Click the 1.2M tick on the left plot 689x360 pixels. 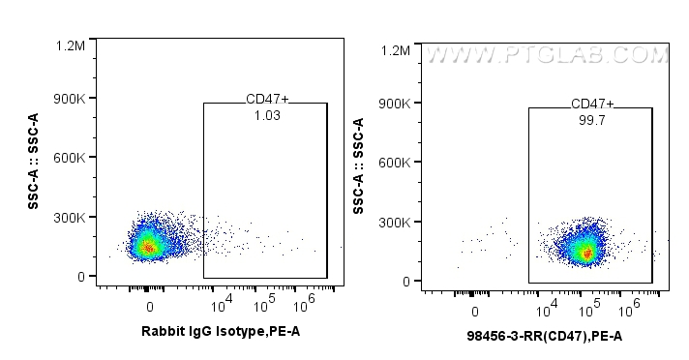click(x=72, y=45)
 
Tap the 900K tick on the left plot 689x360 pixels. click(x=70, y=99)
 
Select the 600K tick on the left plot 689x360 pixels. click(x=70, y=158)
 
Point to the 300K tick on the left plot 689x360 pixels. click(x=70, y=218)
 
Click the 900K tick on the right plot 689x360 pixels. click(x=397, y=104)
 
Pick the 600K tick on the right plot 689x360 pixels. click(x=397, y=163)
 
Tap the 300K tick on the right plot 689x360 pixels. click(x=397, y=223)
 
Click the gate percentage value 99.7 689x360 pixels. click(x=592, y=119)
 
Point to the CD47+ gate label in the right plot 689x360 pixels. click(x=592, y=104)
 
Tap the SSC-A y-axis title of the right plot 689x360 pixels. click(x=360, y=165)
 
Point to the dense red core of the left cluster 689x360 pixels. click(x=147, y=247)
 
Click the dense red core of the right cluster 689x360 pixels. click(x=586, y=253)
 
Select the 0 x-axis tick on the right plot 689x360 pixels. click(x=475, y=311)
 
